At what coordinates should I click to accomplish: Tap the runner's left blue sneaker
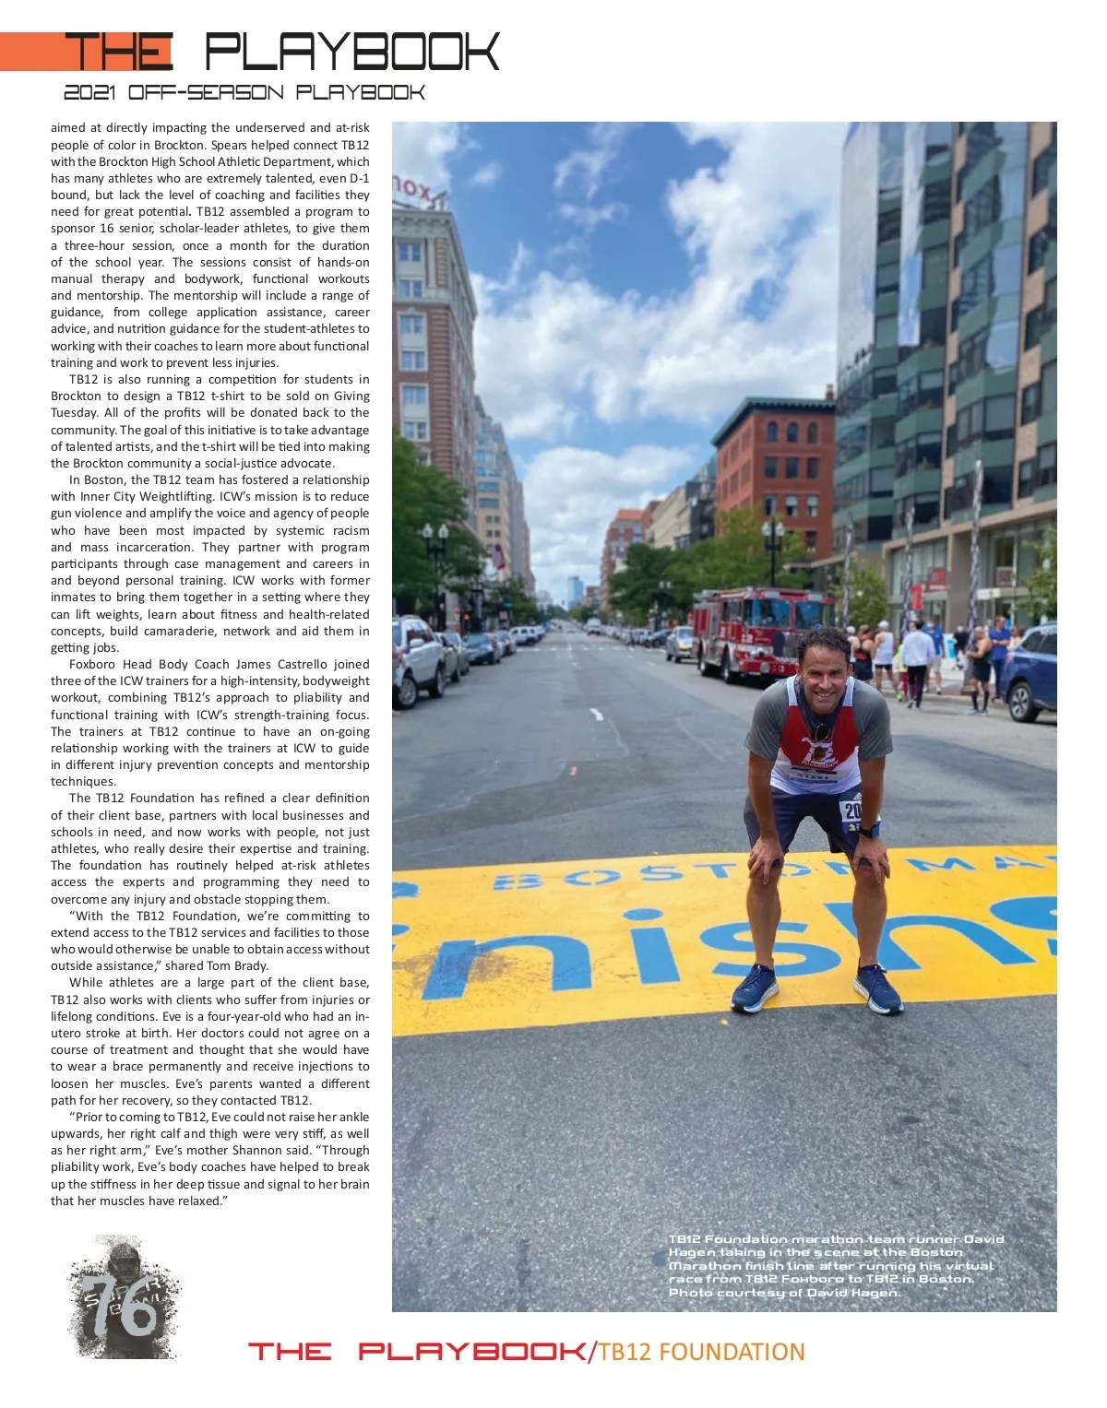tap(877, 988)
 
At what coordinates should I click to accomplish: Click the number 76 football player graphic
tap(123, 1298)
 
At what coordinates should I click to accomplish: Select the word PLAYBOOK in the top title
tap(351, 52)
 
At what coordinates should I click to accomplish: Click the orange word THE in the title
tap(118, 52)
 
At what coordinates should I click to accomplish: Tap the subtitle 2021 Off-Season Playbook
tap(244, 92)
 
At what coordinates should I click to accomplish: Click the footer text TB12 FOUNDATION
tap(701, 1352)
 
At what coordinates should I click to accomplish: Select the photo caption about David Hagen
tap(835, 1265)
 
